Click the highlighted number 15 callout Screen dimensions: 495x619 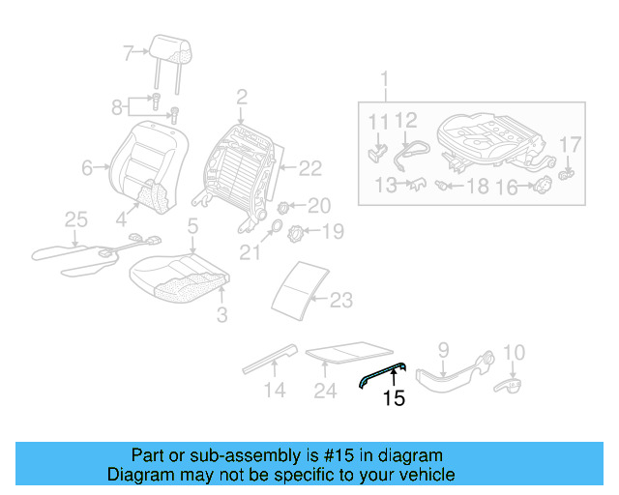pyautogui.click(x=393, y=396)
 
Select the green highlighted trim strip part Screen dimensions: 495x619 pyautogui.click(x=382, y=372)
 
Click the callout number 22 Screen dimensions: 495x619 pyautogui.click(x=309, y=169)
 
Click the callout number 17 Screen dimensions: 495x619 pyautogui.click(x=571, y=145)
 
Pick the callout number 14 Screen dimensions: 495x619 pyautogui.click(x=276, y=391)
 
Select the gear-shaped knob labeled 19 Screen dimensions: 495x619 pyautogui.click(x=300, y=231)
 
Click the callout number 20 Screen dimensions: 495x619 pyautogui.click(x=318, y=205)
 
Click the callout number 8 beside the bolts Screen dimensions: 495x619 pyautogui.click(x=117, y=106)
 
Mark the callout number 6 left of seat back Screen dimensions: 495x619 pyautogui.click(x=87, y=168)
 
